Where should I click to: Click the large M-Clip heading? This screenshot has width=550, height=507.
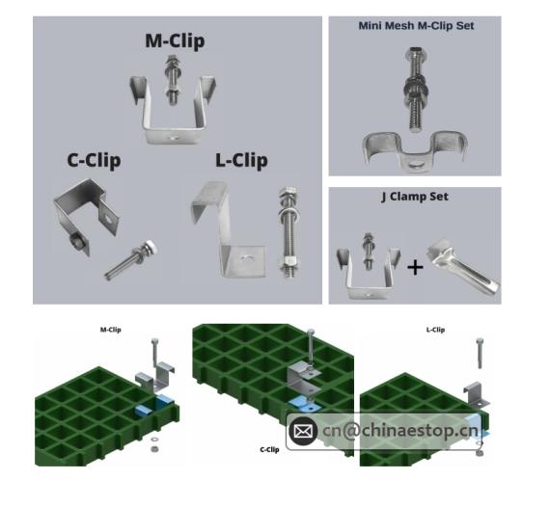[x=175, y=41]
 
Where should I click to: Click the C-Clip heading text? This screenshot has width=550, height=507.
[x=94, y=160]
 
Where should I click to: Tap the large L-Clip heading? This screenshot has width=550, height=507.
[x=241, y=160]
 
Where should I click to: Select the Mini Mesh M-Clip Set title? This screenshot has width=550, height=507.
[x=416, y=25]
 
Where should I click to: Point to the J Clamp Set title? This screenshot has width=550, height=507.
[x=414, y=197]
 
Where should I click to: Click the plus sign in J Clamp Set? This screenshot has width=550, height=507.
[x=414, y=266]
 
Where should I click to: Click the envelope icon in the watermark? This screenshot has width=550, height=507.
[x=303, y=430]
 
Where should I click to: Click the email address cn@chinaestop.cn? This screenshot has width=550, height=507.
[x=399, y=430]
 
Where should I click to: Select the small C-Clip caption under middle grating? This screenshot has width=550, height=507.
[x=269, y=449]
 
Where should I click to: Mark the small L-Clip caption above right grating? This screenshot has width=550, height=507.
[x=435, y=330]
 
